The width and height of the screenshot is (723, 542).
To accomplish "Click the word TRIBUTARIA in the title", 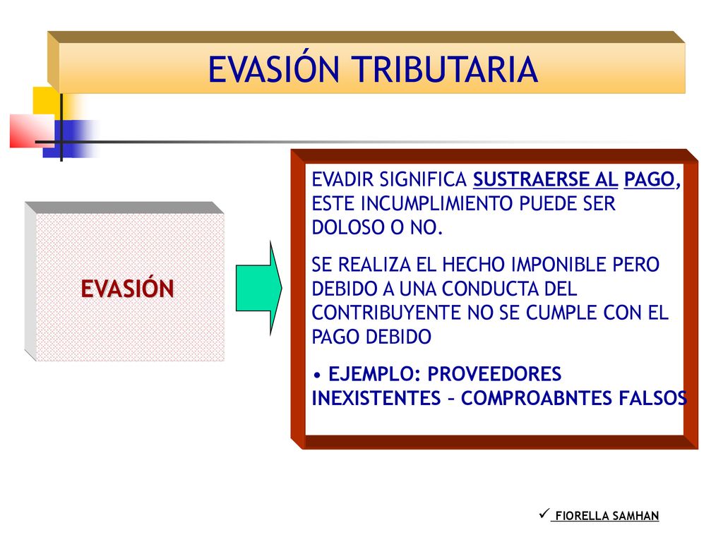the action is pyautogui.click(x=446, y=69).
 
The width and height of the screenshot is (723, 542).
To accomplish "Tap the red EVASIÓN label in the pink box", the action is pyautogui.click(x=127, y=289).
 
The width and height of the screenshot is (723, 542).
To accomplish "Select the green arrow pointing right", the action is pyautogui.click(x=258, y=288).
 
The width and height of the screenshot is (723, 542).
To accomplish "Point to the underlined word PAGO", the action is pyautogui.click(x=650, y=179).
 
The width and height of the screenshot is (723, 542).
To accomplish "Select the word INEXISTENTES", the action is pyautogui.click(x=376, y=398).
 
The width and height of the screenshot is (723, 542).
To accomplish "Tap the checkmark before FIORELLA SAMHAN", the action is pyautogui.click(x=544, y=513).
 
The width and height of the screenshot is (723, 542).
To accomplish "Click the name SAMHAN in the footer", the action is pyautogui.click(x=636, y=516).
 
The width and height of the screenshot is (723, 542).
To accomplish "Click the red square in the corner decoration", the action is pyautogui.click(x=32, y=131).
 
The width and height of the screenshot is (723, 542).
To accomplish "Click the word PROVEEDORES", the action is pyautogui.click(x=494, y=374).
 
